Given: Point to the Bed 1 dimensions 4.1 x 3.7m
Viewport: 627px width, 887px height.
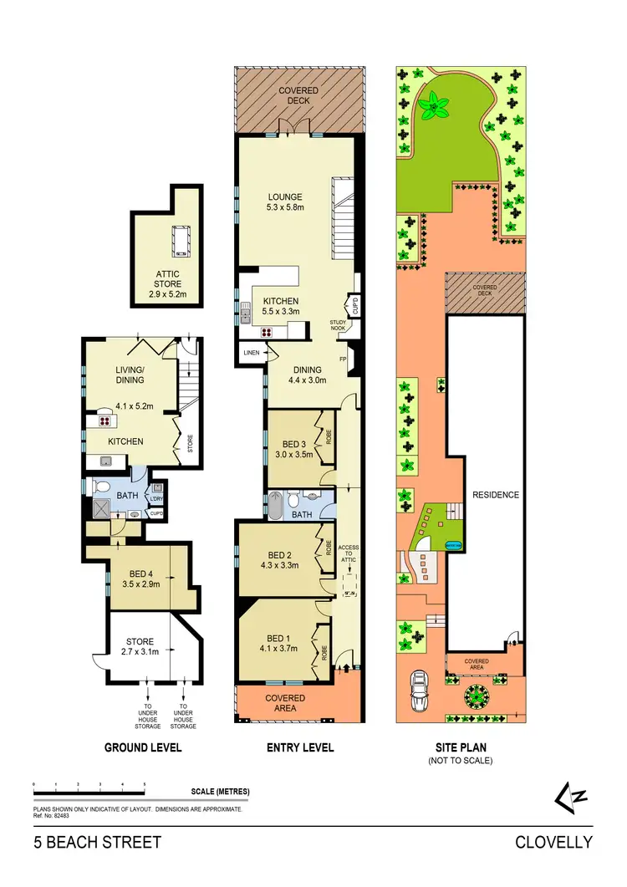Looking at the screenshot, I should click(x=278, y=646).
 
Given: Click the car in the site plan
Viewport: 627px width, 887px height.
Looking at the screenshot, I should click(x=421, y=691).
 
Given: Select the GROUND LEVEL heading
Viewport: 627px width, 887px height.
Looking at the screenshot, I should click(x=143, y=747).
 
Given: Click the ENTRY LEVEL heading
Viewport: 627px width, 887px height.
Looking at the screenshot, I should click(x=298, y=747).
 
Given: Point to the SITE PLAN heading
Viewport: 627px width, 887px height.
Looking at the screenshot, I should click(x=460, y=747).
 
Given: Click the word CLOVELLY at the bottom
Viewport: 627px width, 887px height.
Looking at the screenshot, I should click(x=553, y=842).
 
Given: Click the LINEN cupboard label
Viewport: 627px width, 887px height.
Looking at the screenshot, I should click(x=250, y=353).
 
